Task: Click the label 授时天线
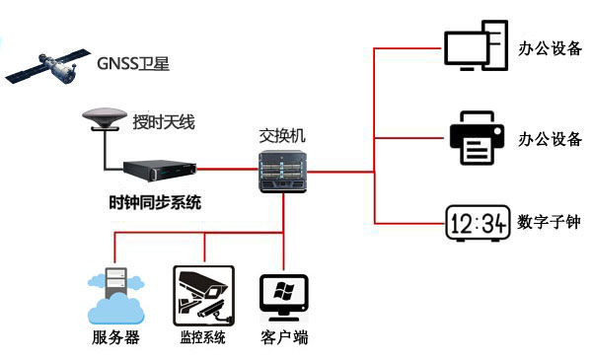[x=165, y=122]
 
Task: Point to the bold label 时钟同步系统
[x=155, y=204]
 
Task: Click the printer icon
[x=479, y=136]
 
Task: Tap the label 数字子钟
[x=549, y=223]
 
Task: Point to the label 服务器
[x=115, y=338]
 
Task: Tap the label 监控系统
[x=202, y=338]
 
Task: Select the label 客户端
[x=284, y=338]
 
